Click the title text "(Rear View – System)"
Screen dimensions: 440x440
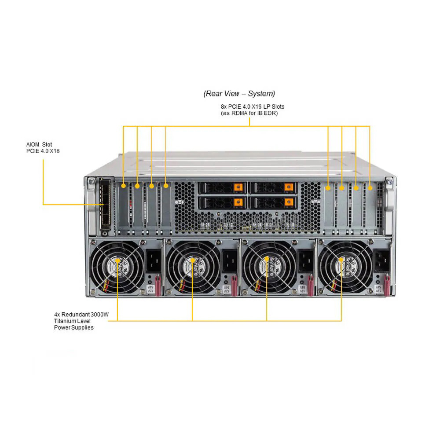click(239, 93)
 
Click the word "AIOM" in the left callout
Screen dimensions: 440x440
click(33, 144)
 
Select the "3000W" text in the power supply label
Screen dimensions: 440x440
click(99, 315)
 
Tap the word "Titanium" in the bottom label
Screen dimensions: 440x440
click(64, 321)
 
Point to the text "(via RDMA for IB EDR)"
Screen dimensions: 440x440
click(249, 113)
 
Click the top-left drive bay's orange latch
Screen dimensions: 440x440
click(238, 187)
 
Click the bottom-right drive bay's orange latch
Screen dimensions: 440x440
click(289, 202)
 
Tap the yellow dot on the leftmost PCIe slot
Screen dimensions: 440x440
click(124, 186)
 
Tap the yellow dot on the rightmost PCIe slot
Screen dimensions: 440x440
click(370, 188)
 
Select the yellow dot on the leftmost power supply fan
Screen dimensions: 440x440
click(117, 260)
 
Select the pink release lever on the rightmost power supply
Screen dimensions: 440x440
click(387, 285)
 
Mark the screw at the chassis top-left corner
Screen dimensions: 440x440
click(92, 181)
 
